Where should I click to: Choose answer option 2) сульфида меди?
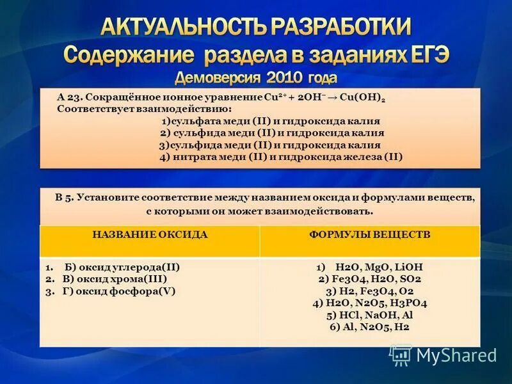point(271,133)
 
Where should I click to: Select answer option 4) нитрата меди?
point(281,157)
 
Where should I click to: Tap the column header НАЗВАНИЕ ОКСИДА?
point(150,235)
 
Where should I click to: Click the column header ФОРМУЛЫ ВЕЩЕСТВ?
point(369,235)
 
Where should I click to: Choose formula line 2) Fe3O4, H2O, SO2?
point(369,279)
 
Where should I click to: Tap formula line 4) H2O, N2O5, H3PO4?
point(369,303)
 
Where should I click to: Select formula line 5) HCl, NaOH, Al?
point(369,315)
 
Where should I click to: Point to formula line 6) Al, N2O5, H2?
point(369,326)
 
